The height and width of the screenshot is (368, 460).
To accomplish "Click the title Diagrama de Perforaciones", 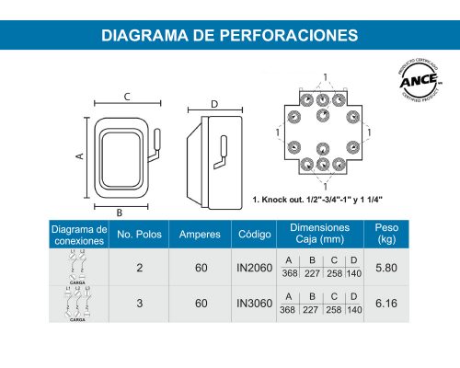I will pyautogui.click(x=229, y=36).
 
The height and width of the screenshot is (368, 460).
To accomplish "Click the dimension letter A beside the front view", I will pyautogui.click(x=80, y=156).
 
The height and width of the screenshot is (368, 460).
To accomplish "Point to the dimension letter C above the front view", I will pyautogui.click(x=125, y=97).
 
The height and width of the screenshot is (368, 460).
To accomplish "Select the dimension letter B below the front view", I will pyautogui.click(x=120, y=213).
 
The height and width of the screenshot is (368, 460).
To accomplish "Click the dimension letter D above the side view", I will pyautogui.click(x=213, y=104).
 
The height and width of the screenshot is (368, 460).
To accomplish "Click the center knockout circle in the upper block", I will pyautogui.click(x=323, y=115).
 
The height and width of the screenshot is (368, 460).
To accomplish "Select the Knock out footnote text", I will pyautogui.click(x=316, y=199).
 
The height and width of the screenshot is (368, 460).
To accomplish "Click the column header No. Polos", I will pyautogui.click(x=139, y=235).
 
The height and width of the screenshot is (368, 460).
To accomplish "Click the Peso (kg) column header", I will pyautogui.click(x=387, y=235).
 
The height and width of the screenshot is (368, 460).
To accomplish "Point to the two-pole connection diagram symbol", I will pyautogui.click(x=77, y=268).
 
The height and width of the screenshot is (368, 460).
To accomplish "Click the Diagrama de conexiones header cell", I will pyautogui.click(x=77, y=235).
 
